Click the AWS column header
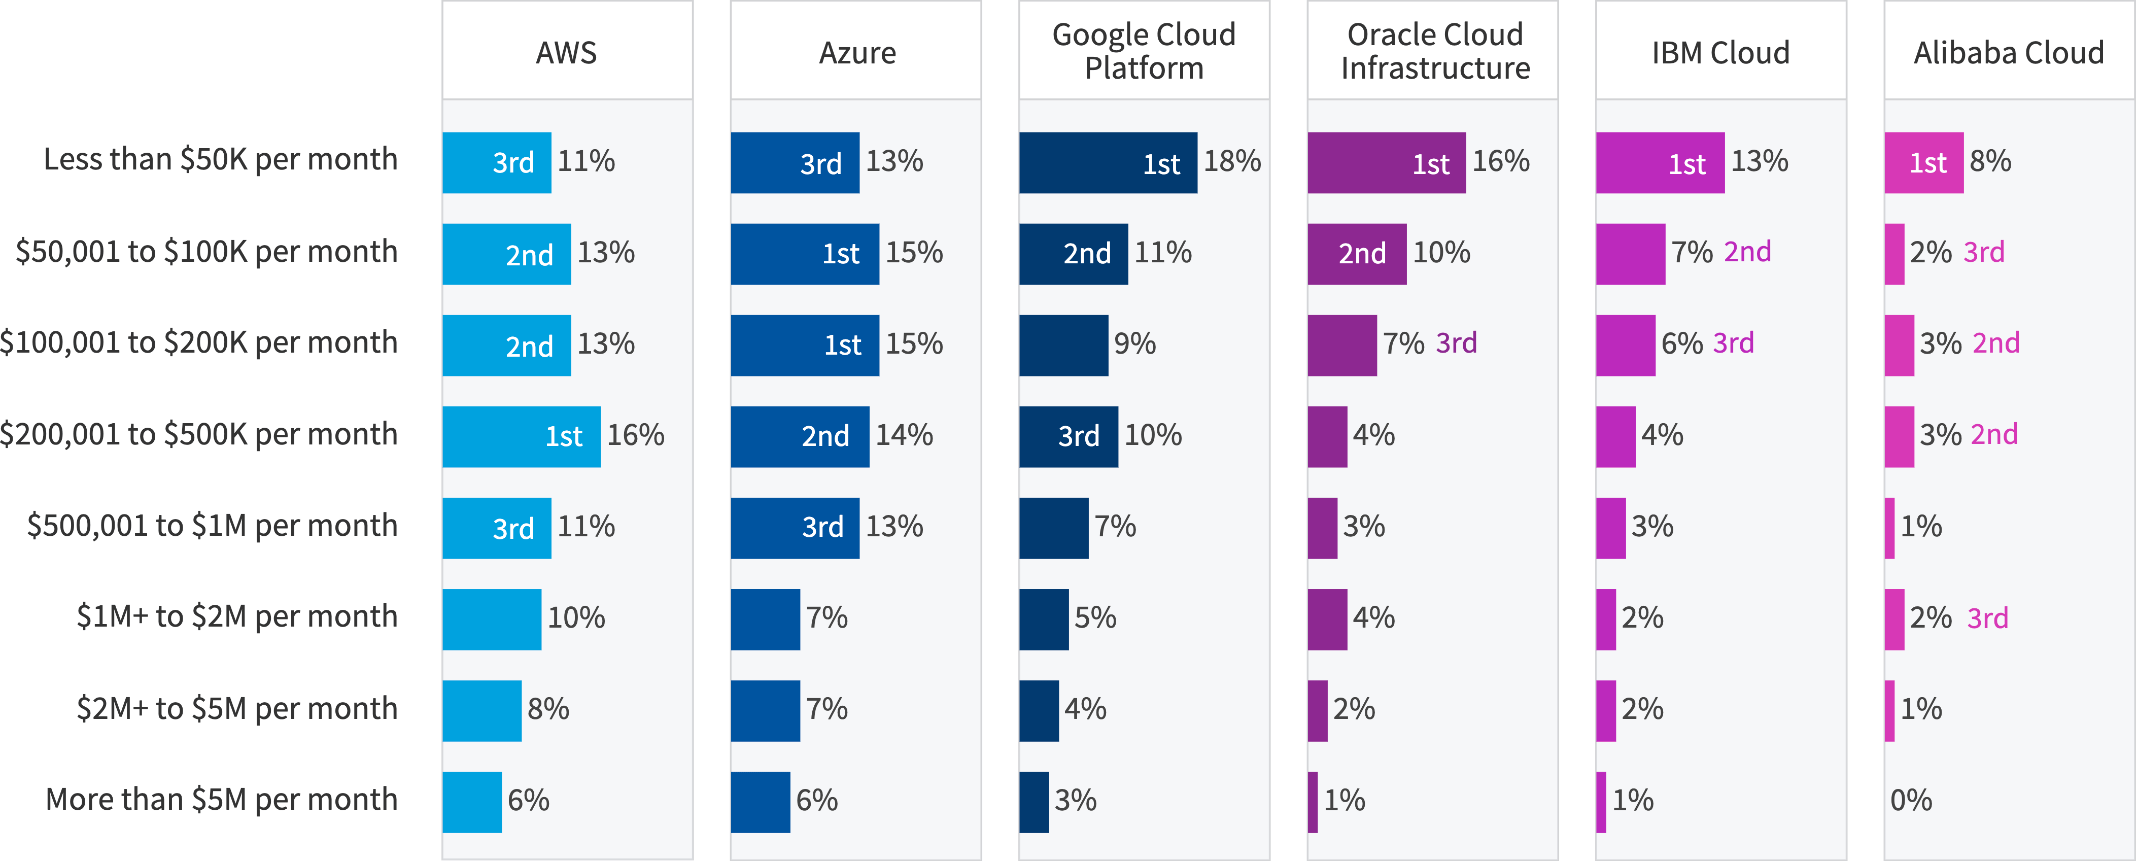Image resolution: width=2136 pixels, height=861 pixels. [x=566, y=52]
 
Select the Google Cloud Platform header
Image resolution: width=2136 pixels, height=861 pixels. [x=1144, y=51]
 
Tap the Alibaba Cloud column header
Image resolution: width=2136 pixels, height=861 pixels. [x=2008, y=52]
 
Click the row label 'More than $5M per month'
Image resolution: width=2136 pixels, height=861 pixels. [x=221, y=800]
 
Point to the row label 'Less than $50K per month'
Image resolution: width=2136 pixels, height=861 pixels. [x=221, y=159]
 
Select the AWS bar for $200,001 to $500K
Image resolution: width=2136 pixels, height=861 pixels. [x=521, y=436]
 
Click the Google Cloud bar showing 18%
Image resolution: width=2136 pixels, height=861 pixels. [x=1108, y=162]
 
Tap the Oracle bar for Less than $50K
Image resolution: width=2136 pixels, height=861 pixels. [x=1387, y=162]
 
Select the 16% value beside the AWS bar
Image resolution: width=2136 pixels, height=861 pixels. [x=635, y=435]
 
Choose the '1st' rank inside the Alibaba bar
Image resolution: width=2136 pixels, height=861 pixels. [x=1928, y=162]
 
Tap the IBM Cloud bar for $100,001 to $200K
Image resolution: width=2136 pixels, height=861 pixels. [x=1625, y=345]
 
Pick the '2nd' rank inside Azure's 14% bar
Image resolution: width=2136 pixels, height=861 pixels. [x=825, y=436]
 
